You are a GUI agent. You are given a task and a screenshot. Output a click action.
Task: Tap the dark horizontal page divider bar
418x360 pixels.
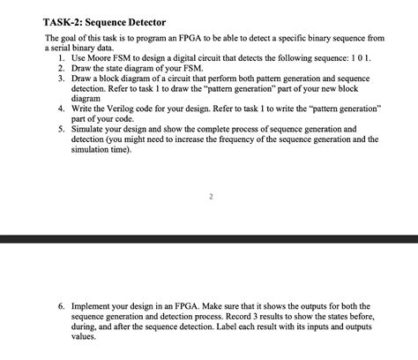tap(209, 239)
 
